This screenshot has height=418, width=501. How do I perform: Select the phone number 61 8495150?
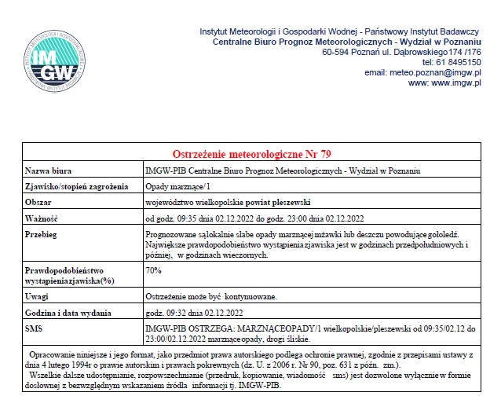click(459, 62)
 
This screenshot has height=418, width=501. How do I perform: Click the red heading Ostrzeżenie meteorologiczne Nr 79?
click(258, 153)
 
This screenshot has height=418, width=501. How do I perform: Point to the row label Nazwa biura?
click(49, 170)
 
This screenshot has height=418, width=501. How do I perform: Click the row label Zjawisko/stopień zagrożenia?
click(76, 186)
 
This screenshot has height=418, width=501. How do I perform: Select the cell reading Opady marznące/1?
click(178, 186)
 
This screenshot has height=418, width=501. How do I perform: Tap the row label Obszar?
click(40, 202)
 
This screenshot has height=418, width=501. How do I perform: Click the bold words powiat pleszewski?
click(283, 202)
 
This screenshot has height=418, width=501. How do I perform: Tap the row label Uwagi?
click(37, 296)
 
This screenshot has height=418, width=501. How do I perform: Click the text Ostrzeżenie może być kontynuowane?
click(211, 296)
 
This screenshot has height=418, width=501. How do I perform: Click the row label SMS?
click(34, 328)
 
